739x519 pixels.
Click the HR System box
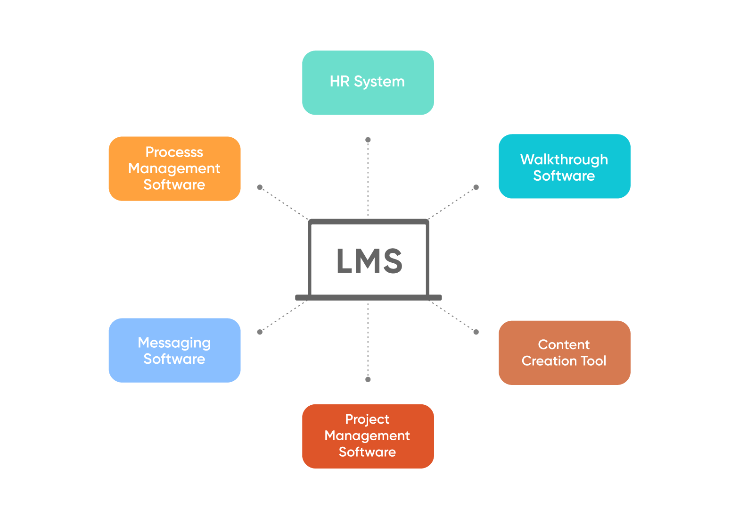pyautogui.click(x=368, y=83)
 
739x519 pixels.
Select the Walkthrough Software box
pyautogui.click(x=564, y=166)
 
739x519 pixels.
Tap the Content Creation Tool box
pyautogui.click(x=564, y=353)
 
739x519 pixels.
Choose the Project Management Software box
pyautogui.click(x=368, y=436)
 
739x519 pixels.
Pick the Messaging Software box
pyautogui.click(x=174, y=350)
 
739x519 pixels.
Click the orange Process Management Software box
pyautogui.click(x=174, y=168)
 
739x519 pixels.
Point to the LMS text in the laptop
pyautogui.click(x=369, y=261)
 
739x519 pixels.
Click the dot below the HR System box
pyautogui.click(x=368, y=140)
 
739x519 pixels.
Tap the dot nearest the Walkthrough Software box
pyautogui.click(x=476, y=187)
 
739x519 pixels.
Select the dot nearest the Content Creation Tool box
pyautogui.click(x=476, y=332)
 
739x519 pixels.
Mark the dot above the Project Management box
pyautogui.click(x=368, y=379)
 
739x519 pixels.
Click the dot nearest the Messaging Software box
pyautogui.click(x=260, y=332)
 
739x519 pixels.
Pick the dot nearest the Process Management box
pyautogui.click(x=260, y=187)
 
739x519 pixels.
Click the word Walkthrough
pyautogui.click(x=564, y=159)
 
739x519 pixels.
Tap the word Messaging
pyautogui.click(x=174, y=343)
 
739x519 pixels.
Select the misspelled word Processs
pyautogui.click(x=174, y=152)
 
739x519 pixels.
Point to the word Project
pyautogui.click(x=367, y=419)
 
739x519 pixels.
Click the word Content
pyautogui.click(x=564, y=345)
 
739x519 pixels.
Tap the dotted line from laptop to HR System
pyautogui.click(x=368, y=179)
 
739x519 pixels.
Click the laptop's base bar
pyautogui.click(x=368, y=297)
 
